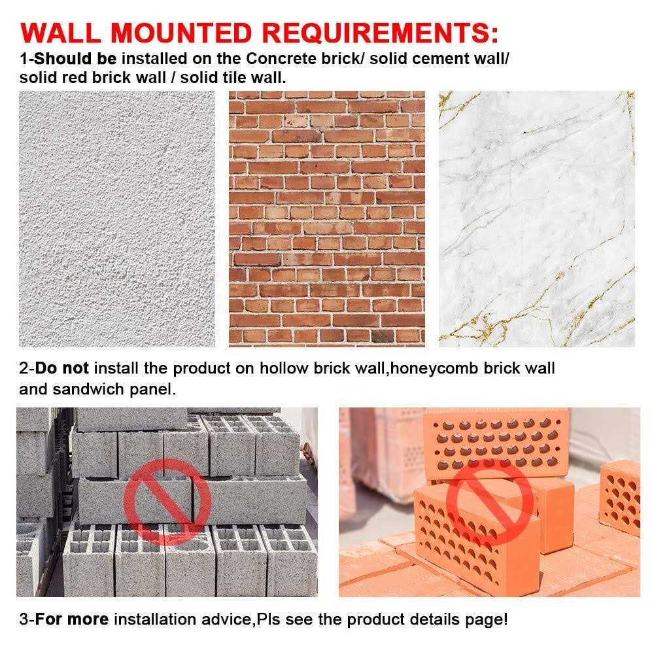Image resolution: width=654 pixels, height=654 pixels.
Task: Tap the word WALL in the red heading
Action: click(x=60, y=33)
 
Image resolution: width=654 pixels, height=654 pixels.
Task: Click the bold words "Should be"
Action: click(x=75, y=59)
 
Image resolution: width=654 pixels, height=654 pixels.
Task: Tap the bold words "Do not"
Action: click(x=61, y=368)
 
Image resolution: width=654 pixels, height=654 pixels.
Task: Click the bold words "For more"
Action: click(x=72, y=619)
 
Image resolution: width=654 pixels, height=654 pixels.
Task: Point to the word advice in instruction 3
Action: click(x=228, y=619)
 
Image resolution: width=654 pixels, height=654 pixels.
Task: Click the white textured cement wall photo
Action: click(x=117, y=219)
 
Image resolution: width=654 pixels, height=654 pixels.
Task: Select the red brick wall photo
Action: click(x=326, y=219)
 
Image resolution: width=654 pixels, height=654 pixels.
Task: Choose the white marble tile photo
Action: click(x=537, y=219)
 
